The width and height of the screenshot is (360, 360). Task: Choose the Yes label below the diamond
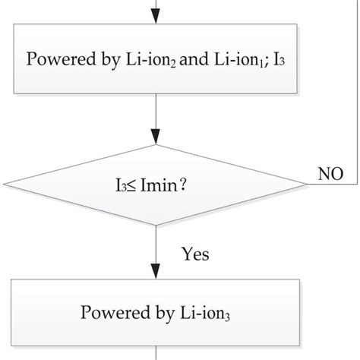coord(195,253)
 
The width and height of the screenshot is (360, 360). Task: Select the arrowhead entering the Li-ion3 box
coord(156,271)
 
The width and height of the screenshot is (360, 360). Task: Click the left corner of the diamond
coord(6,184)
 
